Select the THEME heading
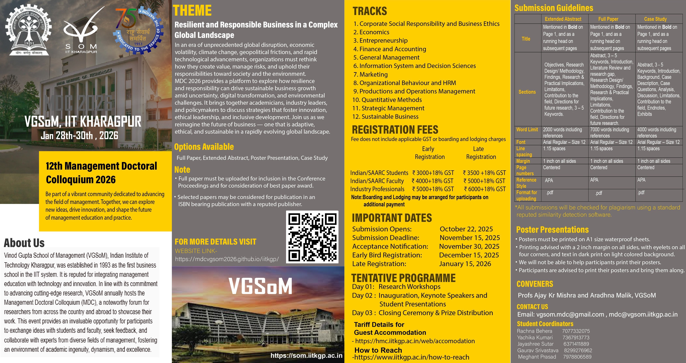click(x=192, y=11)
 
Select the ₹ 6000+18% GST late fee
click(x=485, y=189)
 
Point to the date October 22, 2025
click(x=466, y=229)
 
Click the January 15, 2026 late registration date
click(x=465, y=264)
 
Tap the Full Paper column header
click(x=608, y=19)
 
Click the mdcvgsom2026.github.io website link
click(x=227, y=259)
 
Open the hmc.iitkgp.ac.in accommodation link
click(x=415, y=341)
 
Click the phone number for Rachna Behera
click(x=576, y=331)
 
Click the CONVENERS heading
click(x=535, y=284)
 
